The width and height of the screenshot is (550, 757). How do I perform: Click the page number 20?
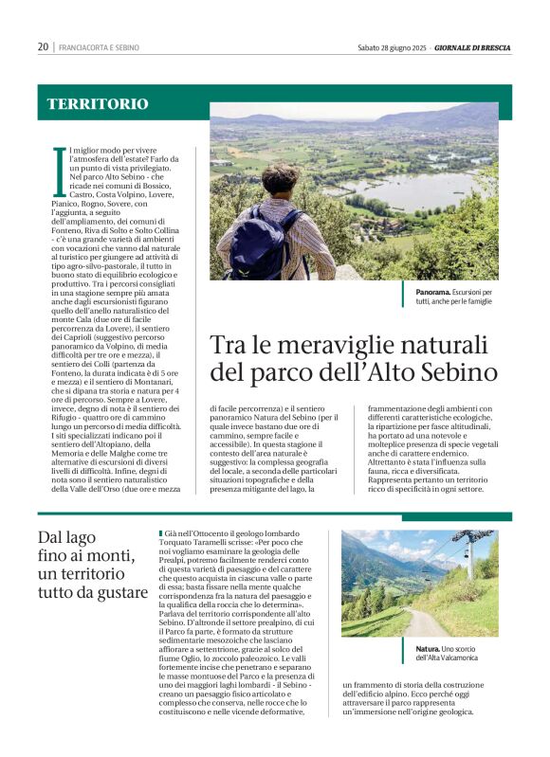point(43,46)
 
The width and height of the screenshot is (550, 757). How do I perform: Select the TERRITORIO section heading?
point(98,103)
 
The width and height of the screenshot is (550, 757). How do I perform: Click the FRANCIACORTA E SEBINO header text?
point(99,47)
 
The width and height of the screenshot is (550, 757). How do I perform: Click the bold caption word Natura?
point(427,649)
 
